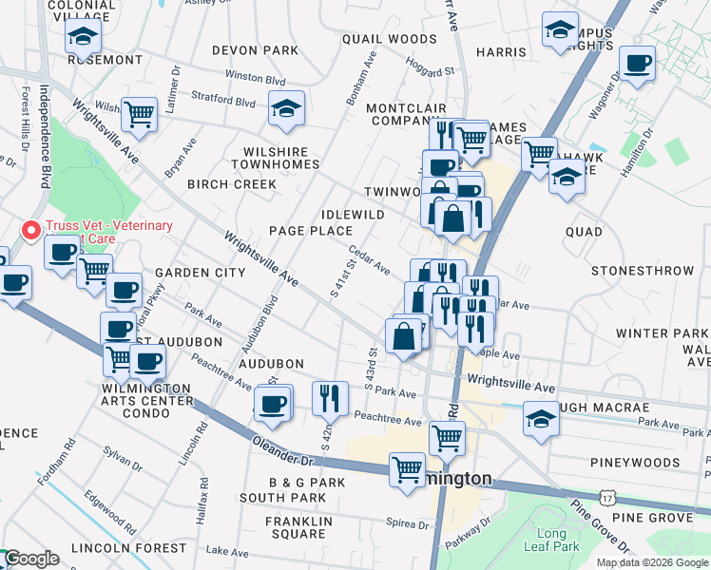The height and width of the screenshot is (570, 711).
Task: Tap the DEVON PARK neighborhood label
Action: point(255,49)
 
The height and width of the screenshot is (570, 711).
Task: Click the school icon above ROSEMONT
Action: point(84,36)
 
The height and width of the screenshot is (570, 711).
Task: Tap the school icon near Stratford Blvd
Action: point(285,108)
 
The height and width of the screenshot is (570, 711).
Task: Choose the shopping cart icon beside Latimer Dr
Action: point(139,113)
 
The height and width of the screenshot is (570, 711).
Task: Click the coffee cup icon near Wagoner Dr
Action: point(636,63)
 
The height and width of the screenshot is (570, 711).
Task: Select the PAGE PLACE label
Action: point(310,231)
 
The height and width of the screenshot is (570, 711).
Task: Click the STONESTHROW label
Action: point(643,271)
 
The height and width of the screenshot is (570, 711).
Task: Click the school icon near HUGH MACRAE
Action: point(540,416)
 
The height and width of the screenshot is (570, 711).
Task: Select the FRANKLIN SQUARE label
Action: point(298,528)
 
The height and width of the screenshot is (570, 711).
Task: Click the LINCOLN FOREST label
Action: point(129,548)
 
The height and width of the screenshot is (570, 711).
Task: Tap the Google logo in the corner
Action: point(31,560)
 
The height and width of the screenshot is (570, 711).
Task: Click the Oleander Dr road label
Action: point(282,444)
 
